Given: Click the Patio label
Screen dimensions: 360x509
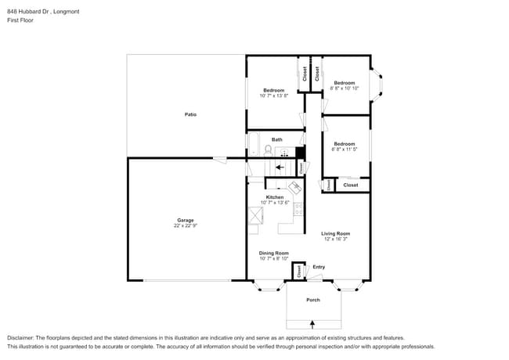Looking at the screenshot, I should click(x=190, y=114).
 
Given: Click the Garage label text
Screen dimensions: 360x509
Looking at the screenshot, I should click(x=185, y=220).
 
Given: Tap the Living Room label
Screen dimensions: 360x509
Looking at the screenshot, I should click(x=335, y=233).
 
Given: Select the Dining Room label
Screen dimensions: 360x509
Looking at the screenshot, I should click(x=274, y=253).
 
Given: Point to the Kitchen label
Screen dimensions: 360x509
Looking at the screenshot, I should click(x=274, y=196).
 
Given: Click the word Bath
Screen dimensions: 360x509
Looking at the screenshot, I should click(x=276, y=139).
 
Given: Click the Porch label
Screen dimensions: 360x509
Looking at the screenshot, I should click(x=312, y=300).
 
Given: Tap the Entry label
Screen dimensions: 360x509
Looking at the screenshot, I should click(x=319, y=267).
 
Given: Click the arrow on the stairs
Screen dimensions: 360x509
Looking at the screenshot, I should click(x=280, y=167).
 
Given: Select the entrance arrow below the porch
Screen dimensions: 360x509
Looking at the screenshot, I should click(x=312, y=323).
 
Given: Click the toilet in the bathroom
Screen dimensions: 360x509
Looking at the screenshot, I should click(x=268, y=149).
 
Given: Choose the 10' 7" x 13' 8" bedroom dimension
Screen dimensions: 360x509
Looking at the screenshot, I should click(x=274, y=95).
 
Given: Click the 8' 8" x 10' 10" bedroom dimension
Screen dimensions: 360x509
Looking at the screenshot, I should click(x=345, y=88).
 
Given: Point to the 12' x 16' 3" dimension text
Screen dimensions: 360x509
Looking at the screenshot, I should click(x=335, y=239).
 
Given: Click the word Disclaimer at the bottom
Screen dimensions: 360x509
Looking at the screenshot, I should click(x=21, y=337).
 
